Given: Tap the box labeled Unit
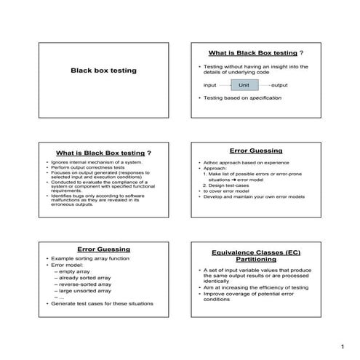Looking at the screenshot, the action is (244, 85).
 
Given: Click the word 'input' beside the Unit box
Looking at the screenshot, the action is (209, 85).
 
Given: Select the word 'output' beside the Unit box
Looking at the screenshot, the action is (279, 85).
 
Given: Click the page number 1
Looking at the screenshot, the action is (341, 345).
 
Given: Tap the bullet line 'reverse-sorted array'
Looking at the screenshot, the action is (86, 284).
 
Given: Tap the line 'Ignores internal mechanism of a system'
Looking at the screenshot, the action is (93, 162).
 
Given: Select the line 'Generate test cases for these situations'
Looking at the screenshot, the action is (94, 303).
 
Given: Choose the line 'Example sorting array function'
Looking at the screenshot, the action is (84, 258).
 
